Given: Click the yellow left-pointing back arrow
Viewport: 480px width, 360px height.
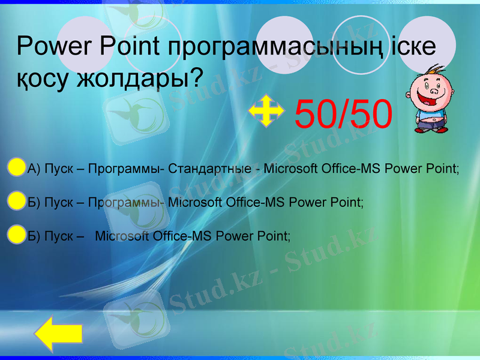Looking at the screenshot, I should click(58, 335).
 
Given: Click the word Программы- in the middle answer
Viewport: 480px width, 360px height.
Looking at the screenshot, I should click(126, 202).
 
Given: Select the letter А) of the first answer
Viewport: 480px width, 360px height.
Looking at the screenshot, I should click(34, 169).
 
